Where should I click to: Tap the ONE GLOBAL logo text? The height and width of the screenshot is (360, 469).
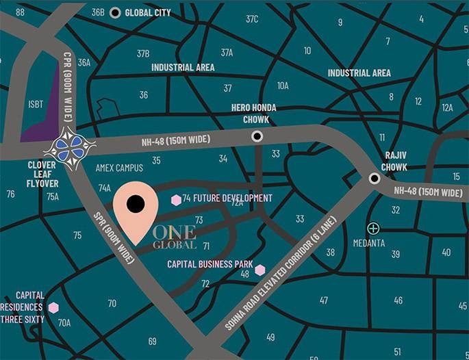pos(175,237)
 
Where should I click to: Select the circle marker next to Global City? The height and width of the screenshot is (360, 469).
pos(115,12)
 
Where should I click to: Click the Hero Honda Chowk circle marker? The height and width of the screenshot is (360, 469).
pos(257,136)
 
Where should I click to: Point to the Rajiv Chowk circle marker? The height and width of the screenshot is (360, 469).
pos(375,179)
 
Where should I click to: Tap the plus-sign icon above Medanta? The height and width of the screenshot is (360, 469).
pos(373,228)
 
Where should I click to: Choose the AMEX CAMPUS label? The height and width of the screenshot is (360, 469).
pos(119,168)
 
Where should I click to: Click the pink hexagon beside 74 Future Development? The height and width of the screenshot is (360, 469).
pos(176,199)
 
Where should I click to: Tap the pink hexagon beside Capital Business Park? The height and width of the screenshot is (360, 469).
pos(260,270)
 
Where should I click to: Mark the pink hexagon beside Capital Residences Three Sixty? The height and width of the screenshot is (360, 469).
pos(53,307)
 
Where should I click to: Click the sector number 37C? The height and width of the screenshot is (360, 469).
pos(252,19)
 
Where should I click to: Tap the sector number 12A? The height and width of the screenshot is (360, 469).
pos(447,107)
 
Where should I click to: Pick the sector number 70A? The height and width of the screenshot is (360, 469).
pos(64,322)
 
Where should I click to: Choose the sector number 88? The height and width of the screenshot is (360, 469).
pos(20,12)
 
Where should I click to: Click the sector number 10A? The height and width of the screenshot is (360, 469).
pos(283,86)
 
